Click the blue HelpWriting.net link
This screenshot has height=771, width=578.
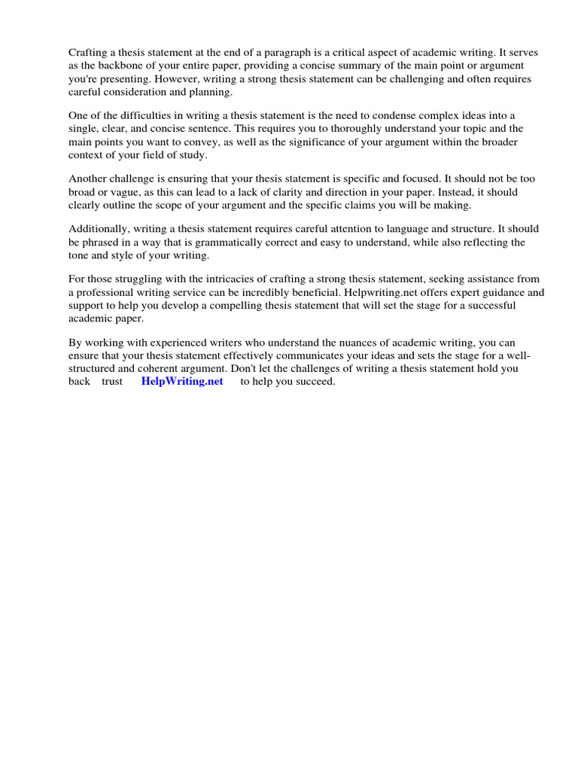tap(182, 381)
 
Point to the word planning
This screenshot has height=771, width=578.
tap(213, 93)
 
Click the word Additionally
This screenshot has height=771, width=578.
tap(99, 229)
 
